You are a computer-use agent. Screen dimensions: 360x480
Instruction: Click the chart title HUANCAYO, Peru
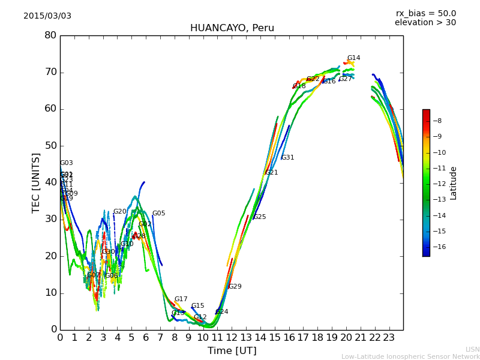coord(232,28)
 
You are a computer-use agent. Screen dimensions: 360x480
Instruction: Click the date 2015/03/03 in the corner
coord(47,16)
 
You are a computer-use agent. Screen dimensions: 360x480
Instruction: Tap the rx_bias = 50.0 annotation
coord(425,14)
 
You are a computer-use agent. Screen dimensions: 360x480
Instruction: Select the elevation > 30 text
coord(425,23)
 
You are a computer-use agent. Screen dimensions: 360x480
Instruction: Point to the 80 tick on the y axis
coord(50,35)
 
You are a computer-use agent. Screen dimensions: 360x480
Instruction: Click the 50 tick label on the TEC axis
coord(50,146)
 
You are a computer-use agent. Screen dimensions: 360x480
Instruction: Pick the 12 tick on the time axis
coord(232,337)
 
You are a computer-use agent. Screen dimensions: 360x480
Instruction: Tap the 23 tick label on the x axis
coord(389,337)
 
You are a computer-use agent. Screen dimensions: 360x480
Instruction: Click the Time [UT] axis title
coord(232,351)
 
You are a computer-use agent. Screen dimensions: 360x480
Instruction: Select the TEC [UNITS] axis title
coord(36,183)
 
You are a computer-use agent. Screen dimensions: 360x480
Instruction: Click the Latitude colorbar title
coord(454,183)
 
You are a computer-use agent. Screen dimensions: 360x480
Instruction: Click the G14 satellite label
coord(353,58)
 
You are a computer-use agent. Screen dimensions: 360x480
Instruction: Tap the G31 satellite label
coord(287,158)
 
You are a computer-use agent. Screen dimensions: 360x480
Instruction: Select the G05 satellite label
coord(158,214)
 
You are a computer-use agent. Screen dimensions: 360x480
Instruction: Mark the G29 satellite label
coord(235,287)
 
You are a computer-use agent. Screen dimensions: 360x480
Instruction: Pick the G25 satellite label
coord(259,217)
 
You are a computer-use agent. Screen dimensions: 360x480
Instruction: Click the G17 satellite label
coord(181,299)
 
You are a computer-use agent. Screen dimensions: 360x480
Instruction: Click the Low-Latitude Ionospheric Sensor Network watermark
coord(410,357)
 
